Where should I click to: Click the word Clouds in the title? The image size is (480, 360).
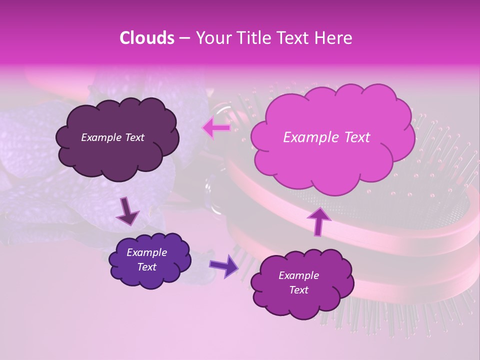tap(146, 38)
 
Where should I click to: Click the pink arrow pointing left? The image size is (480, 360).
tap(216, 128)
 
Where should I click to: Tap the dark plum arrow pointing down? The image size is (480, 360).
tap(128, 211)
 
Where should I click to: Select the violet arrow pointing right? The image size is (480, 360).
tap(223, 265)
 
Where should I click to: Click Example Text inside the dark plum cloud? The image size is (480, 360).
tap(112, 137)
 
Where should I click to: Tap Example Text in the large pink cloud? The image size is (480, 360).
tap(326, 137)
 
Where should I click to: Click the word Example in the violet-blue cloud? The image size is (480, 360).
tap(146, 252)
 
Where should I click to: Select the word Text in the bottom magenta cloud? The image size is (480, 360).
tap(298, 290)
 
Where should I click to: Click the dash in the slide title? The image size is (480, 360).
tap(183, 38)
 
